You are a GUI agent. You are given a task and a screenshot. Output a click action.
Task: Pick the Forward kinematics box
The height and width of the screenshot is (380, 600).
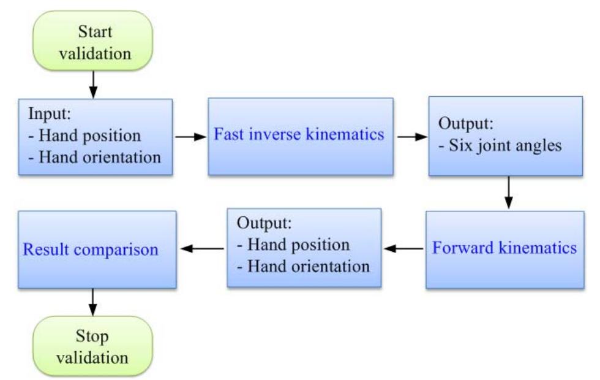tap(505, 249)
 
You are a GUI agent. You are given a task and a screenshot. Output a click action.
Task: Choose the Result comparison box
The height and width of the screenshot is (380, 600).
tap(97, 249)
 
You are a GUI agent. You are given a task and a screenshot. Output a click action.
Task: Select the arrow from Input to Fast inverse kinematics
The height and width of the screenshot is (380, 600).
tap(190, 136)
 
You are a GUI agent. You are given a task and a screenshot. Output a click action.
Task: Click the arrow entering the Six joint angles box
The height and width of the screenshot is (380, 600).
tap(412, 136)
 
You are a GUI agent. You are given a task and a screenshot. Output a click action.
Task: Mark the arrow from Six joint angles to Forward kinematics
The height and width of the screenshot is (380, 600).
tap(508, 193)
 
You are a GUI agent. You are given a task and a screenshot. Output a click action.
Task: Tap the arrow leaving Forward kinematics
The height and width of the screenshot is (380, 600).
tap(404, 249)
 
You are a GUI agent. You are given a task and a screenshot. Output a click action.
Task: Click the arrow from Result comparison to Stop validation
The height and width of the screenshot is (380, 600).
tap(93, 302)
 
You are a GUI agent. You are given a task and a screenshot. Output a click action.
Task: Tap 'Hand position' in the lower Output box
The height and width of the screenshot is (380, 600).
tap(298, 246)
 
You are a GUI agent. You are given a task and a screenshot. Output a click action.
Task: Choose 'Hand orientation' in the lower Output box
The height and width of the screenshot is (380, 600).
tap(307, 267)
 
